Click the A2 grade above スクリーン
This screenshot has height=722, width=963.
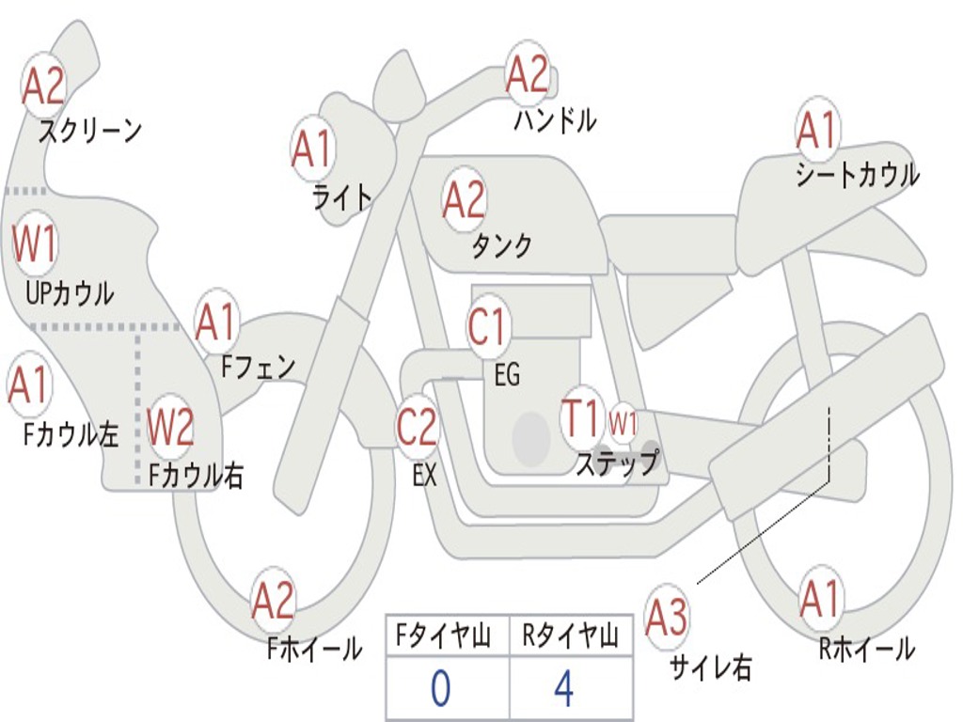point(44,86)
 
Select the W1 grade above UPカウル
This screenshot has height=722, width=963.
point(35,244)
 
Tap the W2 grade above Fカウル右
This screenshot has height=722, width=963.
point(171,428)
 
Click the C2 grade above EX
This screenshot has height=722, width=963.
point(417,428)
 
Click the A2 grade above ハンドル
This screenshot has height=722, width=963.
point(527,75)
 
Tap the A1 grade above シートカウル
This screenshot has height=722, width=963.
point(816,131)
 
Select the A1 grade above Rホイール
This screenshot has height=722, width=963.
point(819,600)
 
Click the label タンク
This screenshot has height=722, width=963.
point(501,246)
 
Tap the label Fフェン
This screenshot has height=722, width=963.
point(259,366)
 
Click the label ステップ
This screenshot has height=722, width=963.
point(617,463)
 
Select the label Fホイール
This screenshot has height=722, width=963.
point(314,649)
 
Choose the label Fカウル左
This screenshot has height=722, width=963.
point(71,433)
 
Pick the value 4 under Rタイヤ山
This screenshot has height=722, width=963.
point(563,690)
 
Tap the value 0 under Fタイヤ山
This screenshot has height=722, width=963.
point(440,690)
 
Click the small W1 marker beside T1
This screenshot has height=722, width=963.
point(623,423)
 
